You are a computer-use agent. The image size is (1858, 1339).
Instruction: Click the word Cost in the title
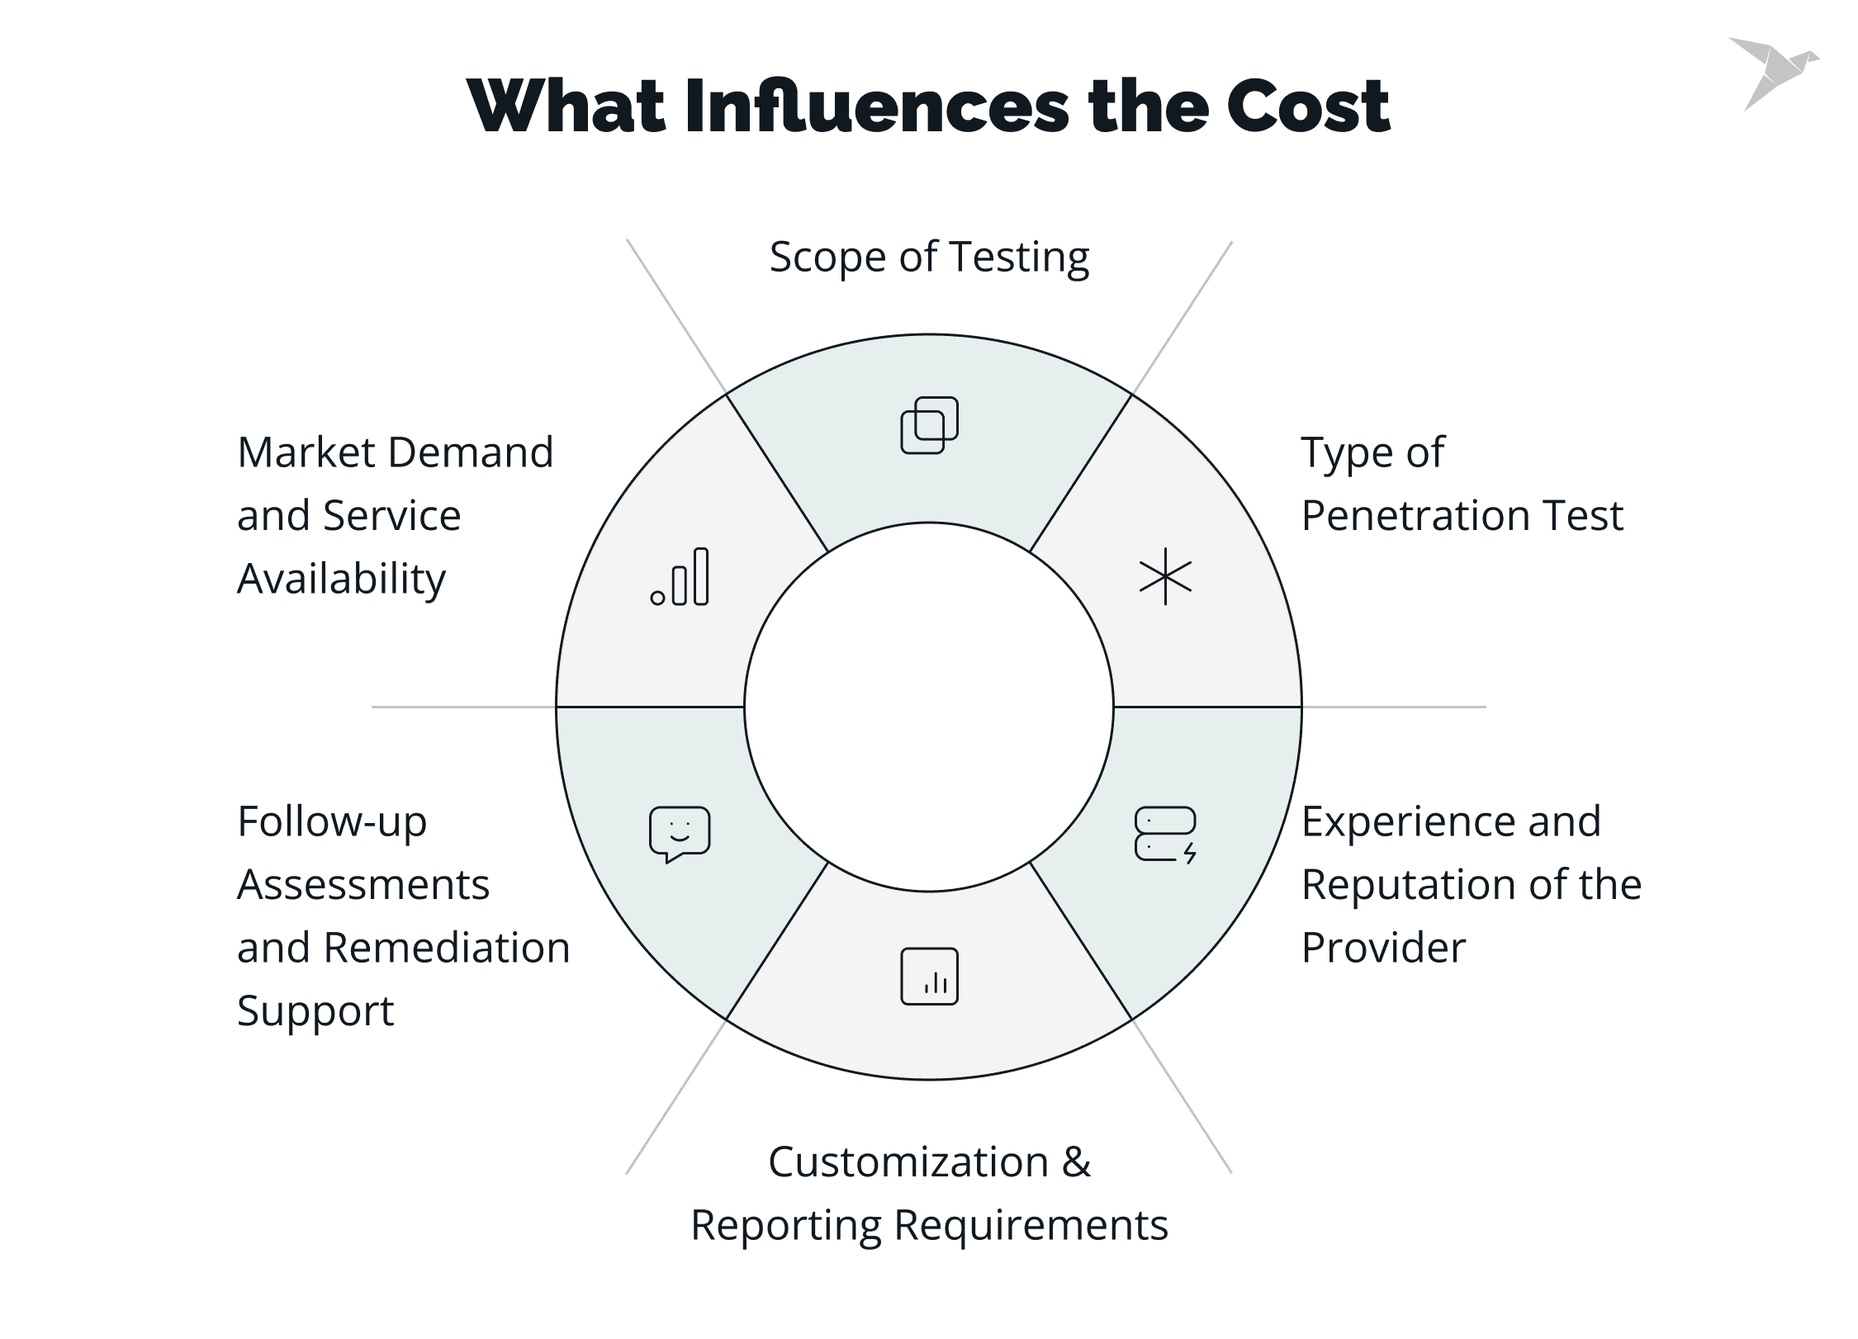(x=1308, y=106)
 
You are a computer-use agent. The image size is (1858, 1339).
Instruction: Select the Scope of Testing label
(x=929, y=257)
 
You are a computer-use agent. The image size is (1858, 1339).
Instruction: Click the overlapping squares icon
(x=929, y=425)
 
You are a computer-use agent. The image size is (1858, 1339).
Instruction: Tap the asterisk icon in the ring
(x=1165, y=576)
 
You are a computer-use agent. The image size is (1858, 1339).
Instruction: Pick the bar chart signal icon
(x=680, y=577)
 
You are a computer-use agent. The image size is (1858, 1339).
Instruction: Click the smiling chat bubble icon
(x=680, y=834)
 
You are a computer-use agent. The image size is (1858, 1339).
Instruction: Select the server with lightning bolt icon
(x=1165, y=835)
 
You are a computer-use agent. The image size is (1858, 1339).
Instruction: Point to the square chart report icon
(x=929, y=976)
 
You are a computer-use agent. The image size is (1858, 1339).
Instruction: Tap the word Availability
(x=341, y=579)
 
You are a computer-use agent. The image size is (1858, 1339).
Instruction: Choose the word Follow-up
(x=332, y=822)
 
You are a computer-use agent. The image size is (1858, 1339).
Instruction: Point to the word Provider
(x=1383, y=948)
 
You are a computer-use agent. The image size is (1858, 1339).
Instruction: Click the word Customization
(x=908, y=1162)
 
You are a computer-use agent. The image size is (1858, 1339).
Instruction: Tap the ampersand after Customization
(x=1076, y=1162)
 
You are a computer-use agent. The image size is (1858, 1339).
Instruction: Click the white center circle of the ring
(x=929, y=707)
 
